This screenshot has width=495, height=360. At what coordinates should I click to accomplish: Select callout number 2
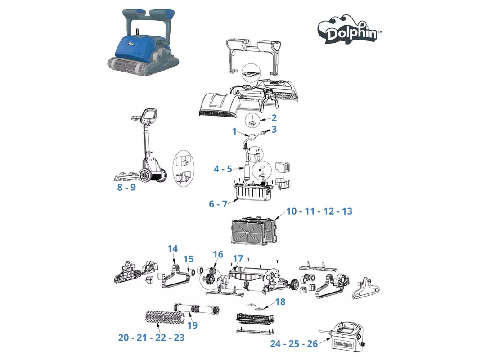pos(274,118)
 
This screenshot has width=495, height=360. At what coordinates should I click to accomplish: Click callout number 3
pos(274,130)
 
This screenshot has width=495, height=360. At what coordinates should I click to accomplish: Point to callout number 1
pos(234,131)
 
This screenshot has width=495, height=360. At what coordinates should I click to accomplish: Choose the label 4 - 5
pos(223,169)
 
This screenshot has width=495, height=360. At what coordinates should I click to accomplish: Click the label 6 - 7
pos(218,204)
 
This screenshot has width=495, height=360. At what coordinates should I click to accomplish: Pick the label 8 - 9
pos(126,187)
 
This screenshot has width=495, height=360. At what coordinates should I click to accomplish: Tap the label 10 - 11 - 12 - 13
pos(319,211)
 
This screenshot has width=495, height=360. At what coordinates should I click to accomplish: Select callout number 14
pos(173,249)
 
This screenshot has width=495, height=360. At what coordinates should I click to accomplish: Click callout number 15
pos(189,259)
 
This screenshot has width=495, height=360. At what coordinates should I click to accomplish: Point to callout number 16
pos(218,254)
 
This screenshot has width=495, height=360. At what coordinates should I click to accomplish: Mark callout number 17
pos(238,259)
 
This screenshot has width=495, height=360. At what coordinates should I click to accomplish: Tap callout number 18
pos(280,302)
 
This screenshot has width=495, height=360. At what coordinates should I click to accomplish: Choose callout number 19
pos(193,325)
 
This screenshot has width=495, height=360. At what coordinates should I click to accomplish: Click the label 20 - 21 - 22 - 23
pos(152,337)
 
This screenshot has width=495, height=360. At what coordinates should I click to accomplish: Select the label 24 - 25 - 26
pos(294,344)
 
